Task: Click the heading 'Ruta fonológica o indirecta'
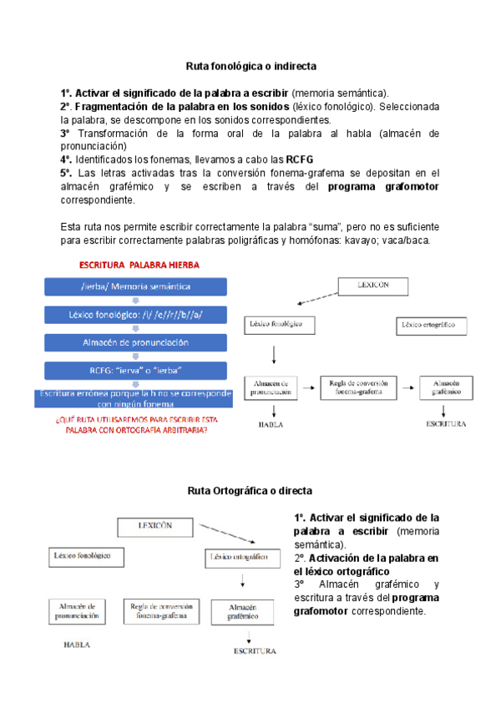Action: [x=250, y=64]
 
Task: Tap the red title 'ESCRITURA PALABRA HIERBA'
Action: [x=139, y=265]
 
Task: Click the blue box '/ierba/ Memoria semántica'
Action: [x=135, y=286]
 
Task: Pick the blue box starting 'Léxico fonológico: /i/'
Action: [x=135, y=315]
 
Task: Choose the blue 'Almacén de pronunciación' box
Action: [x=135, y=342]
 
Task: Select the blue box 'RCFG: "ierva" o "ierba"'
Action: [x=135, y=370]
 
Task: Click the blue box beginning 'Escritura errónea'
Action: [x=135, y=397]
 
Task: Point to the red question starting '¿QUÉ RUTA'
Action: [x=135, y=425]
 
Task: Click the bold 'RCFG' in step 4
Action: [x=299, y=159]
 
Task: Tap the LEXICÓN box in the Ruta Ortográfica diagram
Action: [x=155, y=526]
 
